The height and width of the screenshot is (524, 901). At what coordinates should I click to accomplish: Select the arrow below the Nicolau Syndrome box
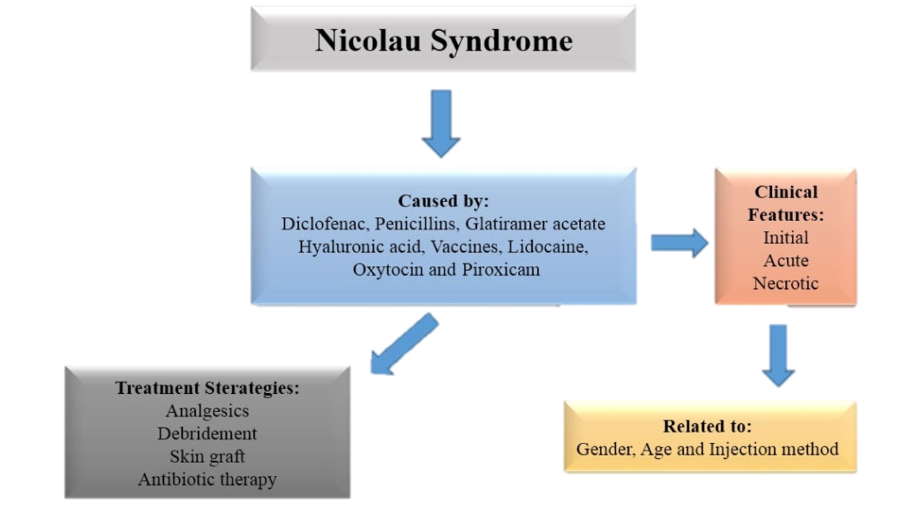pos(441,123)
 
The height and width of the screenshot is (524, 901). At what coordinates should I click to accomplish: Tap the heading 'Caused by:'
pos(444,201)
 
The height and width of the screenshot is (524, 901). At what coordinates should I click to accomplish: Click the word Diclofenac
pos(325,224)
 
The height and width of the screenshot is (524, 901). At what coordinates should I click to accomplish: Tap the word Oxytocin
pos(387,269)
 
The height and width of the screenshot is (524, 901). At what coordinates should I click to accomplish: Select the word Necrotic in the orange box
pos(785,283)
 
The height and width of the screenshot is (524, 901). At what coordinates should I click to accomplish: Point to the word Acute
pos(785,260)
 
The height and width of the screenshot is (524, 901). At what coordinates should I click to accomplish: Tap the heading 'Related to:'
pos(707,426)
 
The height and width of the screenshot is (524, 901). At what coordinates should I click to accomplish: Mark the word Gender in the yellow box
pos(607,448)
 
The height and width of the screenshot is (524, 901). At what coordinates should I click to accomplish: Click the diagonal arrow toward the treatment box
pos(404,344)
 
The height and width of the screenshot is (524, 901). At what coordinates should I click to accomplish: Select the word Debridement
pos(207,434)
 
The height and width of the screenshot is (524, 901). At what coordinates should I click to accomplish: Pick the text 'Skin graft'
pos(207,456)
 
